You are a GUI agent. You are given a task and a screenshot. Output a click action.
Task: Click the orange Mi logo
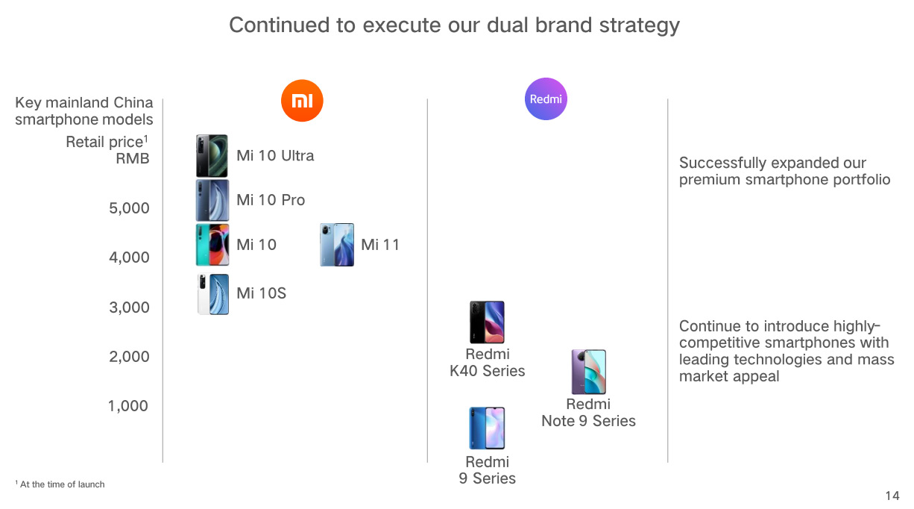(x=302, y=101)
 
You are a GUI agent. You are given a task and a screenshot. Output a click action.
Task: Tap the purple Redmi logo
(x=546, y=99)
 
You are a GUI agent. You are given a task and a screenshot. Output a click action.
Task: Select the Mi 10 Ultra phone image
(x=212, y=156)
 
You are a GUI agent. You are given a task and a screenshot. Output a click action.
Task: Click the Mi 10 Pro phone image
(x=212, y=200)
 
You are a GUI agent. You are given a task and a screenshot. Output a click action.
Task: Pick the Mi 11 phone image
(x=337, y=245)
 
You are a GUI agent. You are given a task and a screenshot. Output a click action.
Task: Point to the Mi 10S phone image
(x=213, y=294)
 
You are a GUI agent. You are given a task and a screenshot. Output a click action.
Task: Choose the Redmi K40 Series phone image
(x=487, y=322)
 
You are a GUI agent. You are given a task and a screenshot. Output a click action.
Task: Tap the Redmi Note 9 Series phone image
(x=589, y=372)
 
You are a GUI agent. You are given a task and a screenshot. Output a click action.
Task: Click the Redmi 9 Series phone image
(x=487, y=428)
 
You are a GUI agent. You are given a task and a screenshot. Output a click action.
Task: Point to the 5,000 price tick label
(x=129, y=208)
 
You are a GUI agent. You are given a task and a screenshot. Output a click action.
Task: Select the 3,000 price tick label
(x=129, y=307)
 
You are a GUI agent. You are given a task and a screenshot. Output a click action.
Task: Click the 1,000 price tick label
(x=128, y=406)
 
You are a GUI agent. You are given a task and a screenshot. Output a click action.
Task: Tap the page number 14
(x=892, y=496)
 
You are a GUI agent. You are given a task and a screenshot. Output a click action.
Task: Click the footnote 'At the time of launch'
(x=62, y=484)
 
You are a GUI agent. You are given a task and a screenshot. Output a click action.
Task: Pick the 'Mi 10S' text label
(x=261, y=293)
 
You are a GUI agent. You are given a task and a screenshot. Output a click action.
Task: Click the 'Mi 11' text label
(x=380, y=245)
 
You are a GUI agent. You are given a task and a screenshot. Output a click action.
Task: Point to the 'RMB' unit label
(x=133, y=158)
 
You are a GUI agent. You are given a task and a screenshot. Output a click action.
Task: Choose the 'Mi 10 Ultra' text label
(x=275, y=156)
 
